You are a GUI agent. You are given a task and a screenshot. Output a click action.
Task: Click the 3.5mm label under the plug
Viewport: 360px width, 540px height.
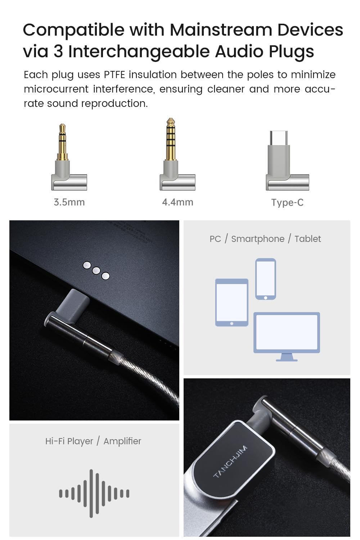[69, 202]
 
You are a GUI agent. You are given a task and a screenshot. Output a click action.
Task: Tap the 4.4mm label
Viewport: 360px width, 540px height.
[177, 202]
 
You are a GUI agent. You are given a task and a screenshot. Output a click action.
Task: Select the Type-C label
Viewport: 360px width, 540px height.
[287, 202]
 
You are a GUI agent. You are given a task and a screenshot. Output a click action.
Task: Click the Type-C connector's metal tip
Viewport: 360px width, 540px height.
[279, 138]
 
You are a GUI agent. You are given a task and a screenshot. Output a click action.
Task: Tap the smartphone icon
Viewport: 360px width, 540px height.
[266, 279]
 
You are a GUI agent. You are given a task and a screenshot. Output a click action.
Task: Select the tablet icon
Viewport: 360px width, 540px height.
[231, 302]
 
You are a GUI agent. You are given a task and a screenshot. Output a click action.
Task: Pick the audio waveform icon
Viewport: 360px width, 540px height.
[94, 493]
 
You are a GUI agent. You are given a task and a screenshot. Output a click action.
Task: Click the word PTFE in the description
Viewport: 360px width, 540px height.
[114, 75]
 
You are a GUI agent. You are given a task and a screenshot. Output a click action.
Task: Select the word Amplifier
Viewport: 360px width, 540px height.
[122, 441]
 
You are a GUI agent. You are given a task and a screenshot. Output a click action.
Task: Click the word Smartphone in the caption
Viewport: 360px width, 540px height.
[257, 239]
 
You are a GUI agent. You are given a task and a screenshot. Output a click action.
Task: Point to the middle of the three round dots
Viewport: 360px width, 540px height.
[96, 270]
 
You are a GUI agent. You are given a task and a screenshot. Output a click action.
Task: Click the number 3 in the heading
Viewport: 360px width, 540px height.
[58, 51]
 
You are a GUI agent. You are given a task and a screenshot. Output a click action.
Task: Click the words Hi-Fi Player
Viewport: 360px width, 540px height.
[69, 441]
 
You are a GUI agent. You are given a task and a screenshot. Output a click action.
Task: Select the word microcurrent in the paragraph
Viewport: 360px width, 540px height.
[56, 89]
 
